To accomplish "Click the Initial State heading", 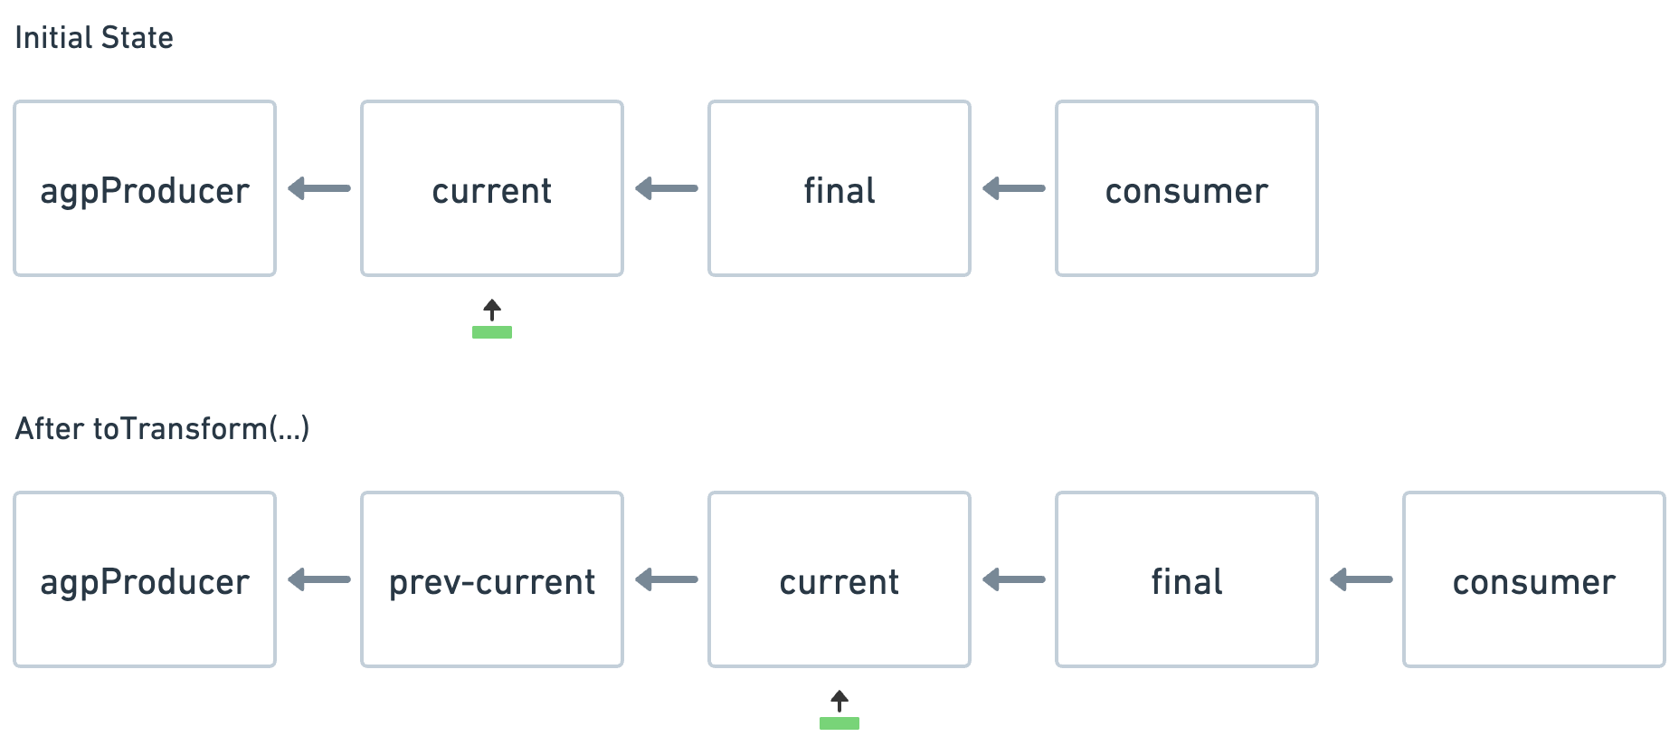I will pyautogui.click(x=93, y=37).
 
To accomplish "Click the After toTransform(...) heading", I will pyautogui.click(x=162, y=427).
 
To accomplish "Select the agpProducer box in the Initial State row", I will pyautogui.click(x=145, y=188).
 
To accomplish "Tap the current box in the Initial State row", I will pyautogui.click(x=492, y=188).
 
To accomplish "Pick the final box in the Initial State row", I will pyautogui.click(x=839, y=188).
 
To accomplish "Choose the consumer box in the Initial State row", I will pyautogui.click(x=1187, y=188).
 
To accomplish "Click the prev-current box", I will pyautogui.click(x=492, y=579).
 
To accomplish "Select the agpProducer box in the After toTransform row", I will pyautogui.click(x=145, y=579).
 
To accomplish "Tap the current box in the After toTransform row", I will pyautogui.click(x=839, y=579).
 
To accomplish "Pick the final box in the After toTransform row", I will pyautogui.click(x=1187, y=579).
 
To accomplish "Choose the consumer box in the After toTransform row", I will pyautogui.click(x=1534, y=579).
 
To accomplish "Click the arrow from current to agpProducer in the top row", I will pyautogui.click(x=318, y=188).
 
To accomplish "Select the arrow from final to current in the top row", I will pyautogui.click(x=666, y=188).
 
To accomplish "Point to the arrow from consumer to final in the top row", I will pyautogui.click(x=1013, y=188).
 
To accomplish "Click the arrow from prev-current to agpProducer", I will pyautogui.click(x=318, y=579).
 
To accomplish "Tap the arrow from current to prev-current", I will pyautogui.click(x=666, y=579).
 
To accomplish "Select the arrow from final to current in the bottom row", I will pyautogui.click(x=1013, y=579).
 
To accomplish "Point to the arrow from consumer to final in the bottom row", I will pyautogui.click(x=1361, y=579).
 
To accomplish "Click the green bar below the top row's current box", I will pyautogui.click(x=492, y=332).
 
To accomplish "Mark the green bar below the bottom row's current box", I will pyautogui.click(x=839, y=723).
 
